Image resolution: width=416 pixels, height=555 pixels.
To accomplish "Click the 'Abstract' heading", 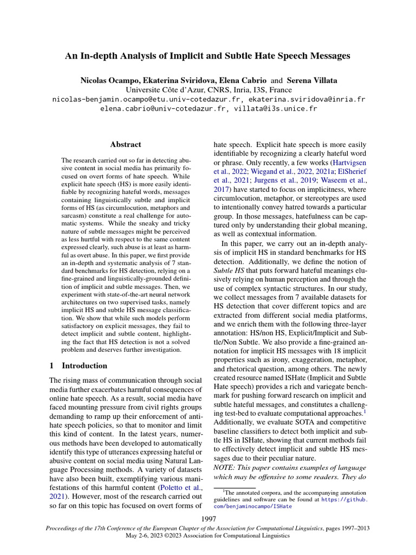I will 125,145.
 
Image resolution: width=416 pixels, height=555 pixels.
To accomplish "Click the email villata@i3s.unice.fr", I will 275,108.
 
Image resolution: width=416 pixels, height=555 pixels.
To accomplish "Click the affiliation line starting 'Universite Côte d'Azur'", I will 209,90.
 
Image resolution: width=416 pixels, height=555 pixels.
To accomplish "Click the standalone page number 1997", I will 209,520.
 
